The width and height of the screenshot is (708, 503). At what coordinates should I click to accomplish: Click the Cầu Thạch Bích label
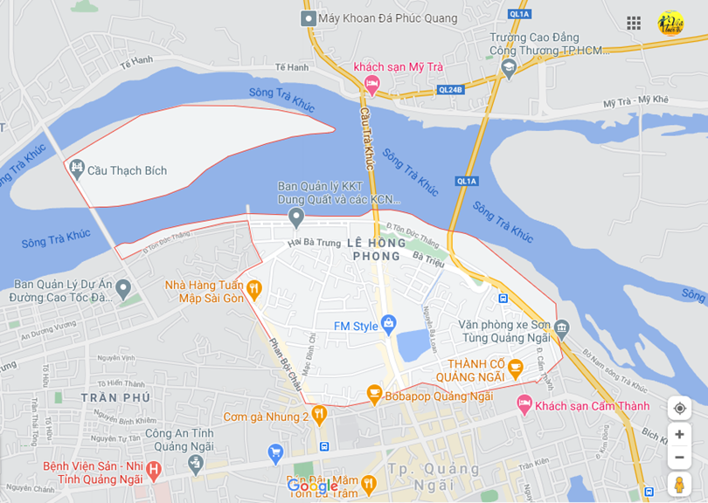[127, 170]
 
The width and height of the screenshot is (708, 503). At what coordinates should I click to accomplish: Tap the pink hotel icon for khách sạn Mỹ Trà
[372, 85]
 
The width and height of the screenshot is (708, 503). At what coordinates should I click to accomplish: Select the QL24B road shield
[450, 89]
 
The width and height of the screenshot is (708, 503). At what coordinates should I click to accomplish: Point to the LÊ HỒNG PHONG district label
[376, 249]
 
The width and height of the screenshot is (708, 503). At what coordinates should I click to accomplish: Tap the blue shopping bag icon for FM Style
[389, 324]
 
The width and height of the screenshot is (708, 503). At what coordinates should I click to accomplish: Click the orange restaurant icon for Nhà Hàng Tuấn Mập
[254, 286]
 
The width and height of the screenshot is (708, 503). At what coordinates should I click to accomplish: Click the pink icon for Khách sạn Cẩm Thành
[524, 405]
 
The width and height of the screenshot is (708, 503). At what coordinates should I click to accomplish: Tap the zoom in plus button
[679, 434]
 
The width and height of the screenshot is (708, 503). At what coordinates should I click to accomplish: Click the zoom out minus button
[679, 458]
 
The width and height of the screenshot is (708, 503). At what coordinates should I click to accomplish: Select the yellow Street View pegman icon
[679, 485]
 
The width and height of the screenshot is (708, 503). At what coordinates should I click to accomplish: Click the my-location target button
[679, 408]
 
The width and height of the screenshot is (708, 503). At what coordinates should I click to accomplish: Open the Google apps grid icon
[634, 23]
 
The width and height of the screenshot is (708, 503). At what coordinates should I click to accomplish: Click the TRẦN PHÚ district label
[109, 397]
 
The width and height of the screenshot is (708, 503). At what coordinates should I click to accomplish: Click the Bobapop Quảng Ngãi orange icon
[374, 395]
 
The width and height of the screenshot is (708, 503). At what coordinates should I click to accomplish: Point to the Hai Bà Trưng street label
[314, 242]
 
